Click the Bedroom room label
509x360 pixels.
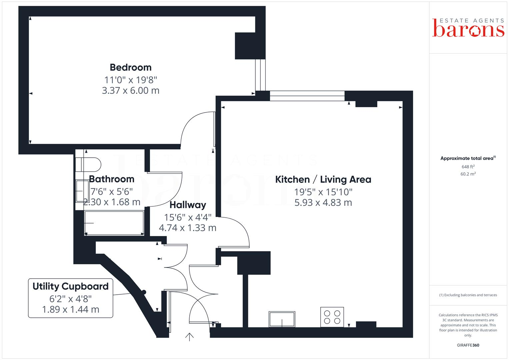pos(131,67)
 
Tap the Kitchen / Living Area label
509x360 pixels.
pos(323,180)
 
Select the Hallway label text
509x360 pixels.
pos(188,205)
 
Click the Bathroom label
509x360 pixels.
pos(112,179)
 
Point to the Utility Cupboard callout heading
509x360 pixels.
pos(71,286)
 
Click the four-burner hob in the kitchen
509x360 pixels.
pos(332,317)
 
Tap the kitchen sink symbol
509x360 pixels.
pos(282,319)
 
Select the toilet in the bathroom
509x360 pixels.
pos(88,164)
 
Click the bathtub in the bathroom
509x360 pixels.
pos(114,223)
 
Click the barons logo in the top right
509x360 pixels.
pos(468,28)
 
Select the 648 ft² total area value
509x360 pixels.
pos(468,167)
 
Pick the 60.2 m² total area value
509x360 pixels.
pos(468,174)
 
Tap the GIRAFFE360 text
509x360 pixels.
pos(468,345)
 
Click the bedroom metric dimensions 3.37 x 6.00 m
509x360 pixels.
pos(131,90)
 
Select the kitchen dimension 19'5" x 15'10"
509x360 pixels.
pos(323,192)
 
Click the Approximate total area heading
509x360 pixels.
pos(467,158)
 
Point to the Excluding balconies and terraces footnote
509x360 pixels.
pos(468,295)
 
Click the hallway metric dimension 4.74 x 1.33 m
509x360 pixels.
pos(188,228)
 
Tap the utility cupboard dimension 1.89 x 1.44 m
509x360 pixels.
pos(71,310)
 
